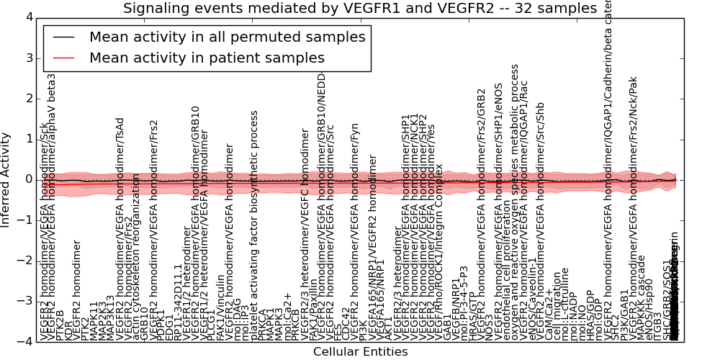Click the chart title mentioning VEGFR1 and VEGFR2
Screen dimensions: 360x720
tap(360, 9)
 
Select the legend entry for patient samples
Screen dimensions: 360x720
tap(207, 58)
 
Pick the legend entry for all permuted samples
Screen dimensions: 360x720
tap(227, 37)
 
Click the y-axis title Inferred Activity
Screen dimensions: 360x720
tap(6, 179)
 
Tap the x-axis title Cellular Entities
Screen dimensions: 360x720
tap(360, 351)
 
